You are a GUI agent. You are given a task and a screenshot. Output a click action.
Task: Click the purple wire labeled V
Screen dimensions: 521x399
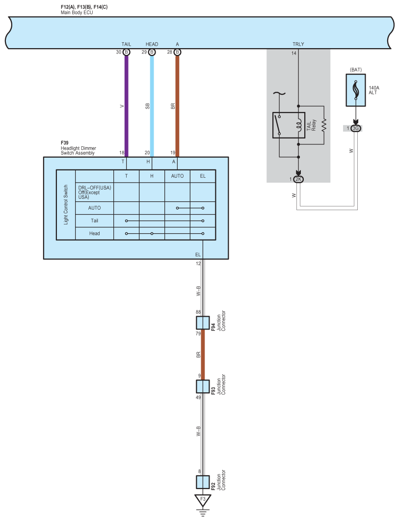126,106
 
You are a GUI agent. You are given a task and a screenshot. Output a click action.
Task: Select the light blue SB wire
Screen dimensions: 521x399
152,106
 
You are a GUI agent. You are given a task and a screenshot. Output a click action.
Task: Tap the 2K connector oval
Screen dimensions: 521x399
298,179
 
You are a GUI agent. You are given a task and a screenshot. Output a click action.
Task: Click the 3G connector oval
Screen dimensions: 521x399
356,128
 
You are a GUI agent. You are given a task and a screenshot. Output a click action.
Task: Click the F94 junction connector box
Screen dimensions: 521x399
203,323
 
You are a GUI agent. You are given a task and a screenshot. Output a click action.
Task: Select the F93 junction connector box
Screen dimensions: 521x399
203,386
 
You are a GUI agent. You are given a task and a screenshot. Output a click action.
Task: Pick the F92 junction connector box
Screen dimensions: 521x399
203,482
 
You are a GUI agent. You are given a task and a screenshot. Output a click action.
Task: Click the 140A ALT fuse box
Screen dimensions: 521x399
355,90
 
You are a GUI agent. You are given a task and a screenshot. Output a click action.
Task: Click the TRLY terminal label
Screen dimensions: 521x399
298,44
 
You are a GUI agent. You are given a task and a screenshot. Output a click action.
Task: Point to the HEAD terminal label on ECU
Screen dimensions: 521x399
152,44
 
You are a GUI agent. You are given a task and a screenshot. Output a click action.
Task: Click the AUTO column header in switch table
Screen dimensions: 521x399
177,176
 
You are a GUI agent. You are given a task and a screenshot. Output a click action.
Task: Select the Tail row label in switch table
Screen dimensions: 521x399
94,220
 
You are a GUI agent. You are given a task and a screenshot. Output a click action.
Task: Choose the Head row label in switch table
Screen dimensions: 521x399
94,233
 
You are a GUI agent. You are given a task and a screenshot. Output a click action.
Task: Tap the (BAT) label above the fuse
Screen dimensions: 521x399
355,70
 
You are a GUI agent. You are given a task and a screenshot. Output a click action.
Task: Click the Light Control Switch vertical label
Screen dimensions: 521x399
66,205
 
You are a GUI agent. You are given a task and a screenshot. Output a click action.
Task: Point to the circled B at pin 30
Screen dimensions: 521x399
126,52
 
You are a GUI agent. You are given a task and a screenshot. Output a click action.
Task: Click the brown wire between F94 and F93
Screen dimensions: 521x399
203,354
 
